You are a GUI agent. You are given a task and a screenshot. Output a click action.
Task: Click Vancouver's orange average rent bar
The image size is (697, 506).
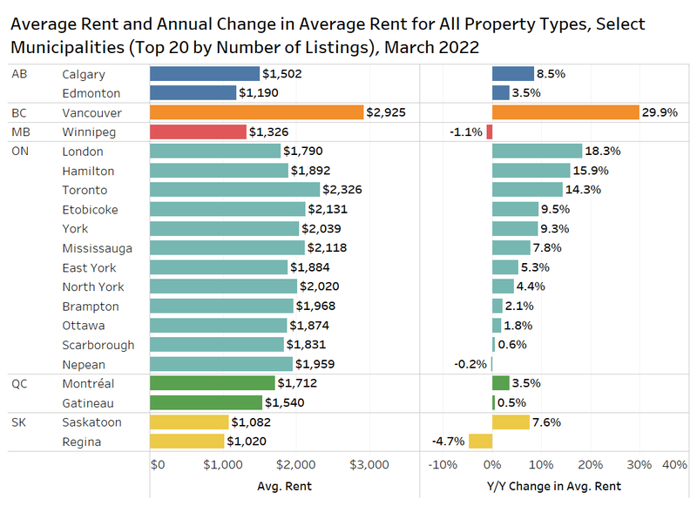tap(256, 112)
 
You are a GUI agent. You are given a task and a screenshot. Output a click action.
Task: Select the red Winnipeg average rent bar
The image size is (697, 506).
tap(198, 132)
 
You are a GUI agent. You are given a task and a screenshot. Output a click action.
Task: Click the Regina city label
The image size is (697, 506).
tap(81, 442)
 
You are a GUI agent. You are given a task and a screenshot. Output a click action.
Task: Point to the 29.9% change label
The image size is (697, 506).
tap(660, 112)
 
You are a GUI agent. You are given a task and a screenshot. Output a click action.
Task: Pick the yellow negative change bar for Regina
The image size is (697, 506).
tap(480, 442)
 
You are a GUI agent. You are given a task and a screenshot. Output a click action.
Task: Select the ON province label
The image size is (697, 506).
tap(20, 151)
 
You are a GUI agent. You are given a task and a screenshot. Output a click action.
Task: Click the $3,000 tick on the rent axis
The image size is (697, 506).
tap(369, 465)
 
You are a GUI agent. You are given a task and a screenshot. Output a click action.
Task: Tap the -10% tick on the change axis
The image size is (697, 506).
tap(443, 465)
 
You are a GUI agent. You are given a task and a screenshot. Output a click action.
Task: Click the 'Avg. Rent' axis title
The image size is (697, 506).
tap(285, 485)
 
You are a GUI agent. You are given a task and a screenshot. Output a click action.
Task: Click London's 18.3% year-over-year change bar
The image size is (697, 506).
tap(537, 151)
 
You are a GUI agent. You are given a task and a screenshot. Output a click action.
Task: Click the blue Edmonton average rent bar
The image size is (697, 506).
tap(193, 92)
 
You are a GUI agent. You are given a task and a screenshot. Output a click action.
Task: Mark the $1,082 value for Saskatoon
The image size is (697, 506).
tap(254, 422)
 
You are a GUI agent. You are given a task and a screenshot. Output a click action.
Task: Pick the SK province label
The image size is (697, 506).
tap(19, 422)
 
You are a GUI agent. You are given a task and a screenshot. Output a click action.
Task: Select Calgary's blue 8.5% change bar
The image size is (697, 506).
tap(513, 74)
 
